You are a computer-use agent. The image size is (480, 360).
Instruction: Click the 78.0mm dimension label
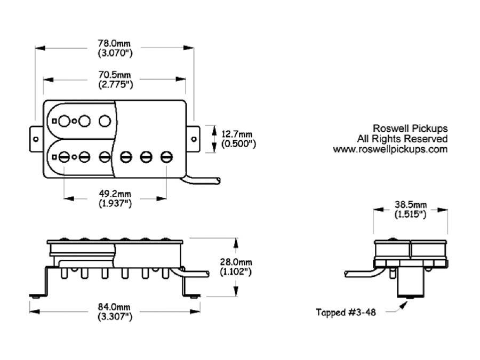coord(115,42)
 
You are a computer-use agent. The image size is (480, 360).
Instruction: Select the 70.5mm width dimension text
coord(115,74)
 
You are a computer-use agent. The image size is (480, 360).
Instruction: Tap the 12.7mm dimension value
coord(237,133)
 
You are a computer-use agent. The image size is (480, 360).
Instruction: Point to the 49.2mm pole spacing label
coord(115,193)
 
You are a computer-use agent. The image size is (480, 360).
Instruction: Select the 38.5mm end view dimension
coord(410,205)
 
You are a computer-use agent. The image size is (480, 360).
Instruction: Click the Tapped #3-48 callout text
coord(346,313)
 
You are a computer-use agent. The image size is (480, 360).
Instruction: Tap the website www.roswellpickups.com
coord(390,149)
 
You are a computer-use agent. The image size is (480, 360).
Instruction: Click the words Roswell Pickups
coord(410,129)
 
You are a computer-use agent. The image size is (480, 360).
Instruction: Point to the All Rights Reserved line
coord(403,139)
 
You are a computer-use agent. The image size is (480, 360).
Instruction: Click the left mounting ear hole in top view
coord(36,139)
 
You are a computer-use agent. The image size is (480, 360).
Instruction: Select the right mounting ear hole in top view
coord(194,139)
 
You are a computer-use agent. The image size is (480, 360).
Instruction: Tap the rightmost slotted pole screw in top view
coord(166,156)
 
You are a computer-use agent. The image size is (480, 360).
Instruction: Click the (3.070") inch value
coord(115,53)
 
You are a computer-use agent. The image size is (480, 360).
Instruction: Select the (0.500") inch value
coord(237,144)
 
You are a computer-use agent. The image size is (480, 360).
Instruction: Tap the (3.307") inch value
coord(115,317)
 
